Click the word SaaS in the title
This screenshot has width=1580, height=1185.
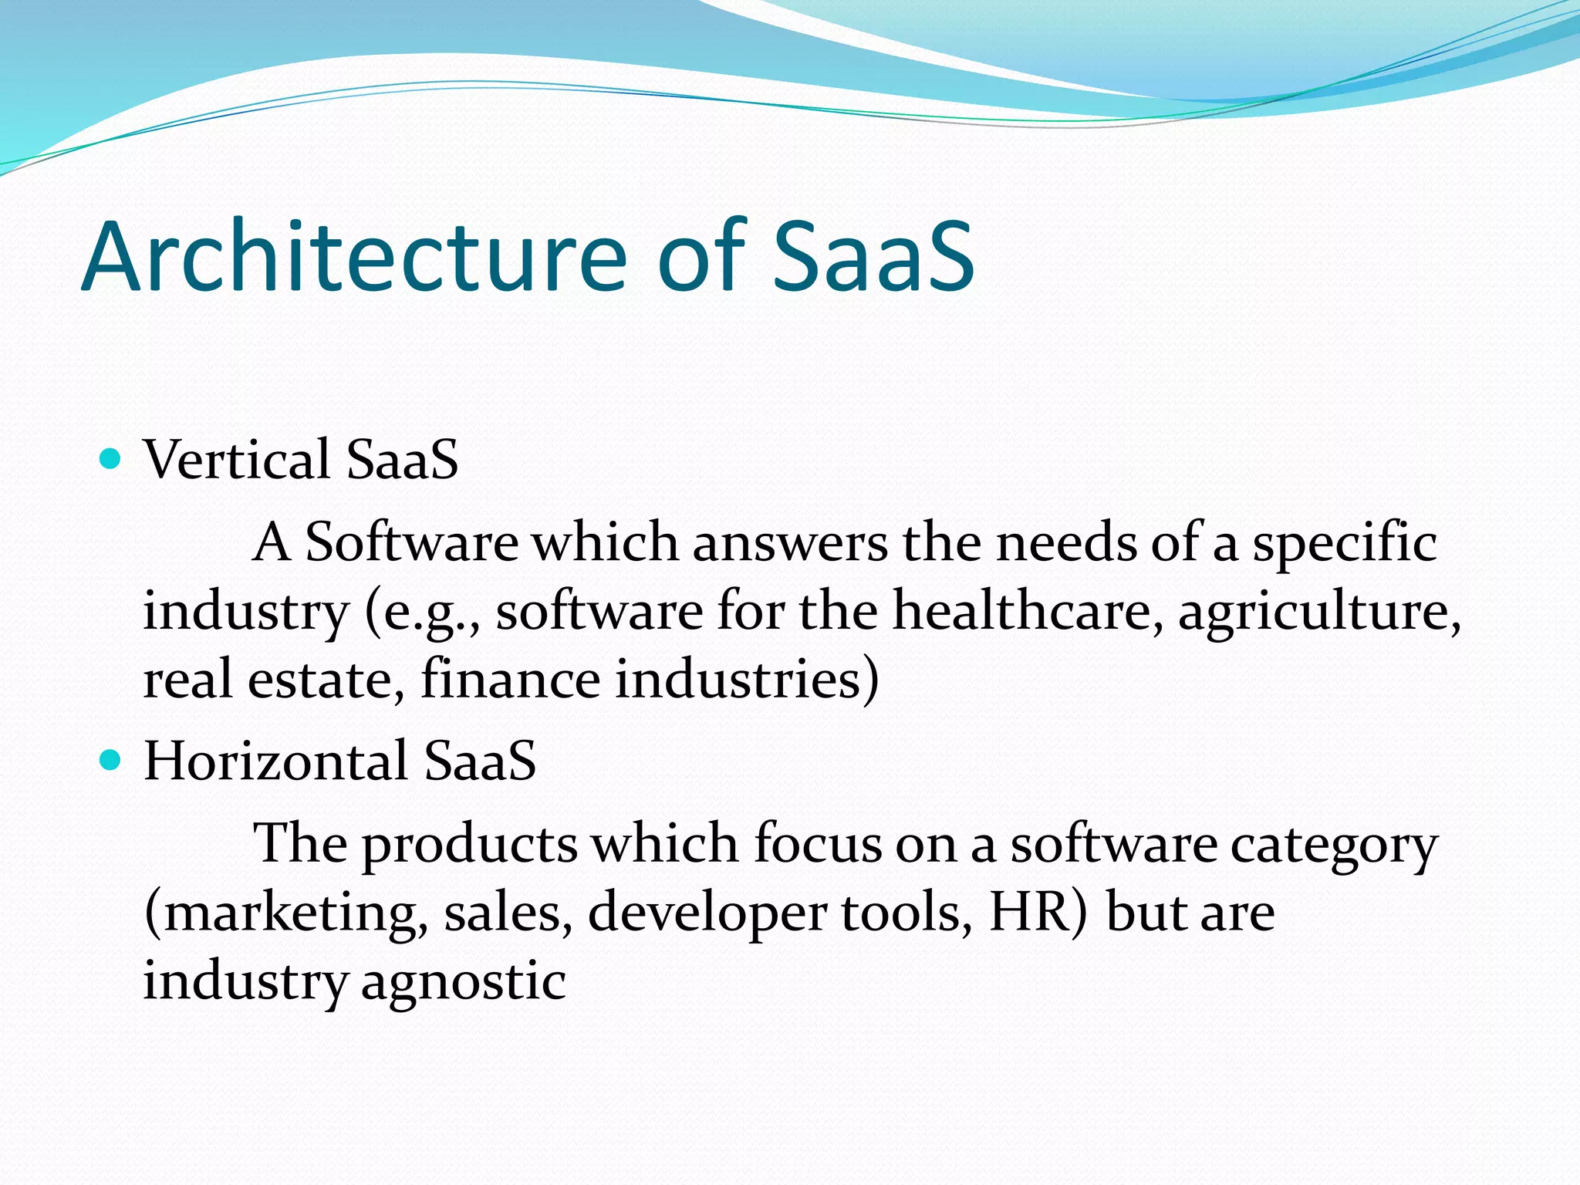[x=873, y=256]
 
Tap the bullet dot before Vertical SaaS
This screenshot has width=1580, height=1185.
[x=111, y=459]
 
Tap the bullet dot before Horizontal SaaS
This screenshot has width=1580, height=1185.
[x=111, y=761]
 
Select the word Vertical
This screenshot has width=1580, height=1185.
[x=237, y=460]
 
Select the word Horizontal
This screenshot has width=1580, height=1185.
[x=275, y=761]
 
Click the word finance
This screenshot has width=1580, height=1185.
[x=510, y=679]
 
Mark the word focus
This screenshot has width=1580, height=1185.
[x=817, y=844]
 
